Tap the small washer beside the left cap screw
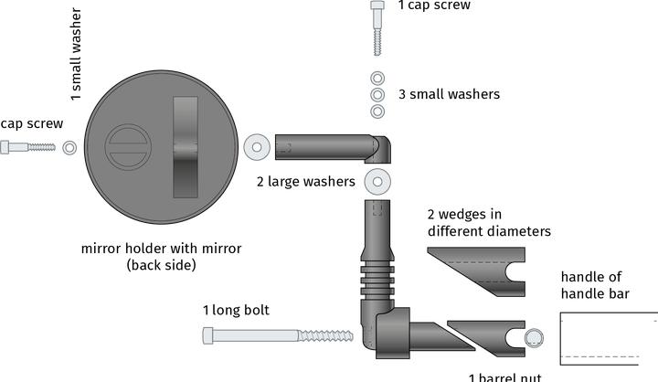click(x=70, y=147)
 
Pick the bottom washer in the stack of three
click(x=377, y=111)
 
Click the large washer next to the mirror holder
click(x=256, y=145)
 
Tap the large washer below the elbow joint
click(x=377, y=181)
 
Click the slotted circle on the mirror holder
click(x=126, y=147)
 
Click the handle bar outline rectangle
click(x=608, y=339)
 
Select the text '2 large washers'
click(x=305, y=182)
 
